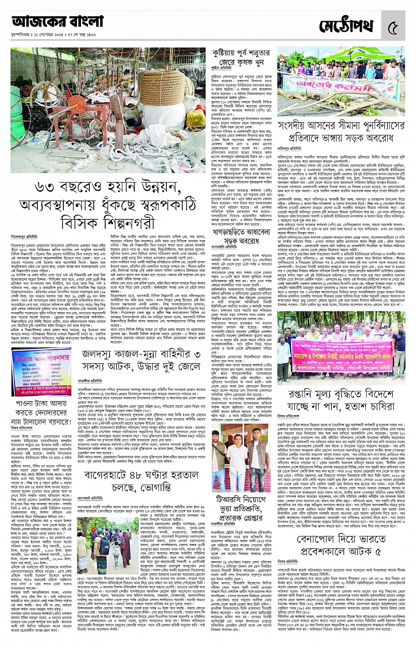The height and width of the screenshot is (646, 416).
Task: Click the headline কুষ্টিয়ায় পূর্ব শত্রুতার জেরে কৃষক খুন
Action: click(x=241, y=58)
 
